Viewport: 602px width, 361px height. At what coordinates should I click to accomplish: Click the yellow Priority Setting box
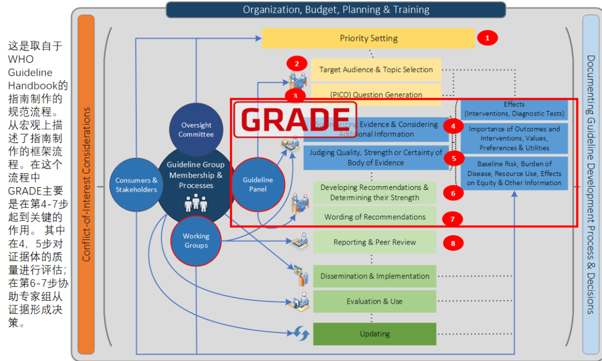coord(368,38)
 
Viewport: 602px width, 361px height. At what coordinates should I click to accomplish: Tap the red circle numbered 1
coord(487,38)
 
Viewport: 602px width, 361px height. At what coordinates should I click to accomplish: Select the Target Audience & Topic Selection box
coord(376,70)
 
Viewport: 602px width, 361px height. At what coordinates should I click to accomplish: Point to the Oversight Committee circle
coord(196,130)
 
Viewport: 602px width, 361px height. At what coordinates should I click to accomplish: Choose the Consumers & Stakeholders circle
coord(136,185)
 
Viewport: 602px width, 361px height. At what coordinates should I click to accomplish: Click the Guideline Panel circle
coord(258,184)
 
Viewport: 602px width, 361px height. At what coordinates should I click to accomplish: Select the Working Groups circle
coord(196,241)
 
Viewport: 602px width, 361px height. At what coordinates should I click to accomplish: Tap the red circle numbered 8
coord(453,243)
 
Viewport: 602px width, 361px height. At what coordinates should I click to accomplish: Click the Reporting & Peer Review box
coord(375,242)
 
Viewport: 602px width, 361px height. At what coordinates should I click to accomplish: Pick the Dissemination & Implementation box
coord(375,276)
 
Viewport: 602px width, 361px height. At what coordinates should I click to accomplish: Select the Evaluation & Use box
coord(375,301)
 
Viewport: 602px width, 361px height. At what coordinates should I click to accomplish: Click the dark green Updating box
coord(375,334)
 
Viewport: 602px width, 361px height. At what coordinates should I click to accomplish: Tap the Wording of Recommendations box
coord(375,217)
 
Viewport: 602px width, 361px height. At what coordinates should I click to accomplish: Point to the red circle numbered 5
coord(454,158)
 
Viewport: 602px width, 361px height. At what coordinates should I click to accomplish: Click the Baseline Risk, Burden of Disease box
coord(514,173)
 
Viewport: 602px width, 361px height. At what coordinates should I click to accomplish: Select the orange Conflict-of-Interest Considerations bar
coord(86,184)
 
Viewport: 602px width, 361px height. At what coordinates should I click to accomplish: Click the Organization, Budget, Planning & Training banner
coord(336,9)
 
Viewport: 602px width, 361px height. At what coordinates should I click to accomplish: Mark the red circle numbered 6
coord(453,193)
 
